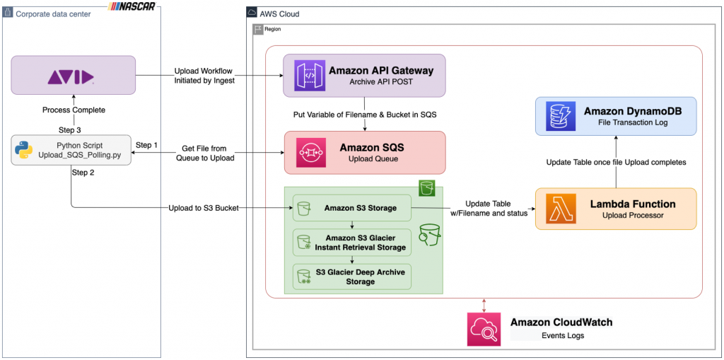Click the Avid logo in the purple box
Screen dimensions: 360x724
[71, 76]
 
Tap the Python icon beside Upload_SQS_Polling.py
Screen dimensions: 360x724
[24, 150]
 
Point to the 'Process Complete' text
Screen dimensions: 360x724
[74, 110]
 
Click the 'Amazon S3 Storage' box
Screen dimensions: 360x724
[351, 208]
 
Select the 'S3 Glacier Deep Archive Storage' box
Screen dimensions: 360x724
[351, 276]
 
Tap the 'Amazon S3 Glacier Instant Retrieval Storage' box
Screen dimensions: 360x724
[351, 243]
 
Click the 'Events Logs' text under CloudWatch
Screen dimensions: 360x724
[562, 335]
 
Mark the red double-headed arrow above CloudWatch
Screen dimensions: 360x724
[484, 305]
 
